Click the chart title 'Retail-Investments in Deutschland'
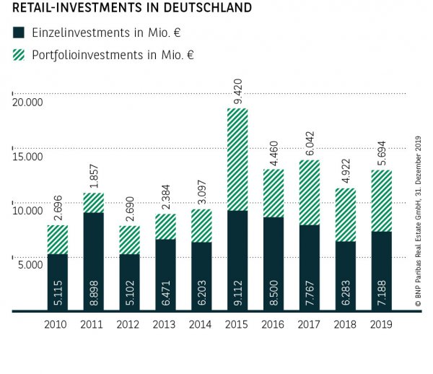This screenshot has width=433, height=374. [x=132, y=9]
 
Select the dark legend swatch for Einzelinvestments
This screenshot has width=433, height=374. [x=19, y=32]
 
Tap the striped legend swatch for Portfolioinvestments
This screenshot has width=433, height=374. [x=19, y=54]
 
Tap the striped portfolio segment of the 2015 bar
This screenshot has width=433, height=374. [x=237, y=160]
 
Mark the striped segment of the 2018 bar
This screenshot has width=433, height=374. [x=345, y=214]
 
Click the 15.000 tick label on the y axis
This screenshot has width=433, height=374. [x=27, y=157]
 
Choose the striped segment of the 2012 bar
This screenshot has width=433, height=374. [x=129, y=240]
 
